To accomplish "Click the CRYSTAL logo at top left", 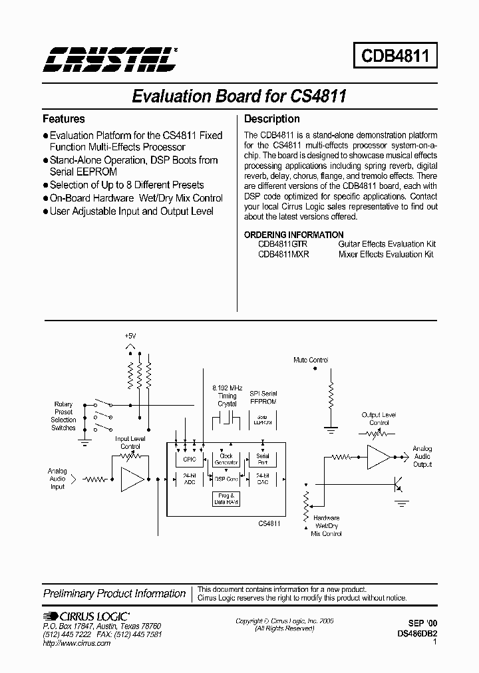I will pyautogui.click(x=110, y=60).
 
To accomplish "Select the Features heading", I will pyautogui.click(x=64, y=119).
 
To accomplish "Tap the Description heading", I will pyautogui.click(x=272, y=119).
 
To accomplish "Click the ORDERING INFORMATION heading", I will pyautogui.click(x=293, y=235).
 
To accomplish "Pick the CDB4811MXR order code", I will pyautogui.click(x=283, y=254).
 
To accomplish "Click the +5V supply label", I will pyautogui.click(x=130, y=336).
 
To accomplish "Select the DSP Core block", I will pyautogui.click(x=226, y=479).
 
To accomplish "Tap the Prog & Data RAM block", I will pyautogui.click(x=226, y=499).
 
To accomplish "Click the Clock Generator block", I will pyautogui.click(x=226, y=459).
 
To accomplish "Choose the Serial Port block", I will pyautogui.click(x=263, y=459).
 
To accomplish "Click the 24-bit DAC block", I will pyautogui.click(x=263, y=479).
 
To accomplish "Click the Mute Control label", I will pyautogui.click(x=311, y=360).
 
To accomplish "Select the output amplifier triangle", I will pyautogui.click(x=378, y=458).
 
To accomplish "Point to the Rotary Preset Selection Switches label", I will pyautogui.click(x=64, y=416).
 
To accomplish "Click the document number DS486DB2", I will pyautogui.click(x=418, y=634).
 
